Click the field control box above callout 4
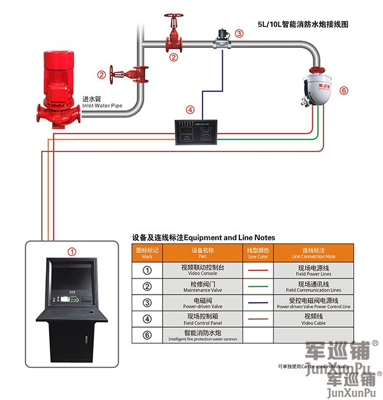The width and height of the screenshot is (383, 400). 203,128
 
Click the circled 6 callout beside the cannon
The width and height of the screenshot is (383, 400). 343,91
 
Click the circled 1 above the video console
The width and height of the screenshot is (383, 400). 72,252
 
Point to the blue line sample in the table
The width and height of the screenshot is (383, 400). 258,302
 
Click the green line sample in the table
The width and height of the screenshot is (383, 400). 258,286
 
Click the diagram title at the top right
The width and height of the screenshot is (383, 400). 303,24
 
